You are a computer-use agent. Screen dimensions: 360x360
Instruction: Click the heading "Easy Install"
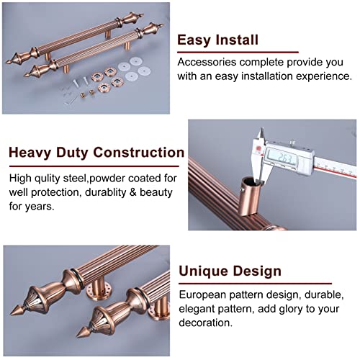point(217,40)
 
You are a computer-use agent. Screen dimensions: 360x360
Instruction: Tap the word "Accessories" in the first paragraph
point(207,62)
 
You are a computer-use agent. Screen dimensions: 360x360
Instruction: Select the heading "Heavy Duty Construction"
point(96,152)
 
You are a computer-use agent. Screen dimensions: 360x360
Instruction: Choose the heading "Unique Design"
point(230,271)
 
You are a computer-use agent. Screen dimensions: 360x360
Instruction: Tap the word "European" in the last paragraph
point(202,295)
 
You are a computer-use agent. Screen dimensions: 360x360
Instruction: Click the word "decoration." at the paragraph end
point(206,323)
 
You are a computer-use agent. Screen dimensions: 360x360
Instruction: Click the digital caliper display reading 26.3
point(283,158)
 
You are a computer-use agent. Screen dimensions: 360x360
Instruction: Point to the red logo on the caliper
point(258,149)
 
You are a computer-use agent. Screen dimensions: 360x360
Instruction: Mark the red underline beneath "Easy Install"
point(238,52)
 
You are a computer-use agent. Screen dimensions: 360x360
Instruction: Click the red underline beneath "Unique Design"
point(255,284)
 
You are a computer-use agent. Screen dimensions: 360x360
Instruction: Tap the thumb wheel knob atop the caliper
point(292,143)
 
